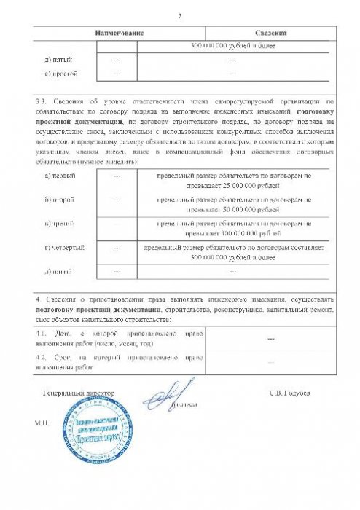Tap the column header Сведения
tap(270, 34)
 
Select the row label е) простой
tap(60, 74)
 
